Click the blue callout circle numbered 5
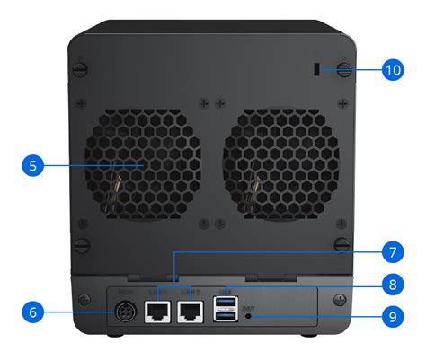click(31, 165)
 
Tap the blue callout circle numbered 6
click(31, 312)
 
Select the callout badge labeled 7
click(391, 251)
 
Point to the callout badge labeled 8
click(391, 285)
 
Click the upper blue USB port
click(223, 303)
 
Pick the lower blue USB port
click(223, 317)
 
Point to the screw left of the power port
click(87, 299)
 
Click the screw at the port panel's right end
click(337, 299)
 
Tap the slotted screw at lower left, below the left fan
click(81, 244)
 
